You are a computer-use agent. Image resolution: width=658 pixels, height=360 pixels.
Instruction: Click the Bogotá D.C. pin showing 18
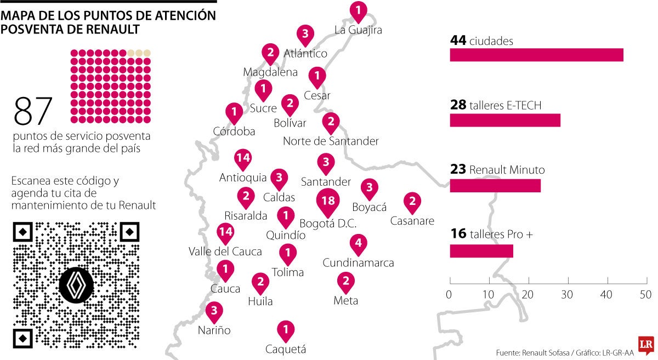(328, 201)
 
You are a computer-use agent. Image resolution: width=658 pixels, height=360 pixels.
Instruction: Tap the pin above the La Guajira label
(358, 10)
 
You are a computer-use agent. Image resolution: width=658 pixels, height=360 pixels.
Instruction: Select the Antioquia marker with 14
(242, 159)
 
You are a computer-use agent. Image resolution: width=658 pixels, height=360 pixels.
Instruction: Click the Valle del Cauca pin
(225, 232)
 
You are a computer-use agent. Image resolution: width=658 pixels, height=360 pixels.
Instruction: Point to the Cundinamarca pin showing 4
(359, 243)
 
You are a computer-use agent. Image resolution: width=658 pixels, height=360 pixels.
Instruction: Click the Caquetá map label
(285, 350)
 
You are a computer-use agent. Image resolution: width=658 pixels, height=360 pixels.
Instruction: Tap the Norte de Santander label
(331, 141)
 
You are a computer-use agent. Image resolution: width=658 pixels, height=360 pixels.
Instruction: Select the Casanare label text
(412, 221)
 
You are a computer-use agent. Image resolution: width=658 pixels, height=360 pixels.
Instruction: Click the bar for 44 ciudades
(536, 55)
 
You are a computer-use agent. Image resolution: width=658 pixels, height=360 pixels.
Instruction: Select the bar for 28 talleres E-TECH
(505, 120)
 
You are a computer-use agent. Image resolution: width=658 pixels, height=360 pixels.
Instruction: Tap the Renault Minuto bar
(495, 185)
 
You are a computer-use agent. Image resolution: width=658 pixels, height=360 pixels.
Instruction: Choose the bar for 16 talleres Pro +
(481, 250)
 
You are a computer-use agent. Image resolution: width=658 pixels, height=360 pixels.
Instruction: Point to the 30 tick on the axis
(567, 295)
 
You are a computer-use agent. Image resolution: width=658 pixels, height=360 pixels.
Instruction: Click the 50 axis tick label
(645, 295)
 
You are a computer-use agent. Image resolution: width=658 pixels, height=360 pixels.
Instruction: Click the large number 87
(33, 112)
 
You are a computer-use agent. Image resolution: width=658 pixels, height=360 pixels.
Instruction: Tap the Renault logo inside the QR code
(76, 285)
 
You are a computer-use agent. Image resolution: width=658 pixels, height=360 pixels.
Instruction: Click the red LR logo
(646, 344)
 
